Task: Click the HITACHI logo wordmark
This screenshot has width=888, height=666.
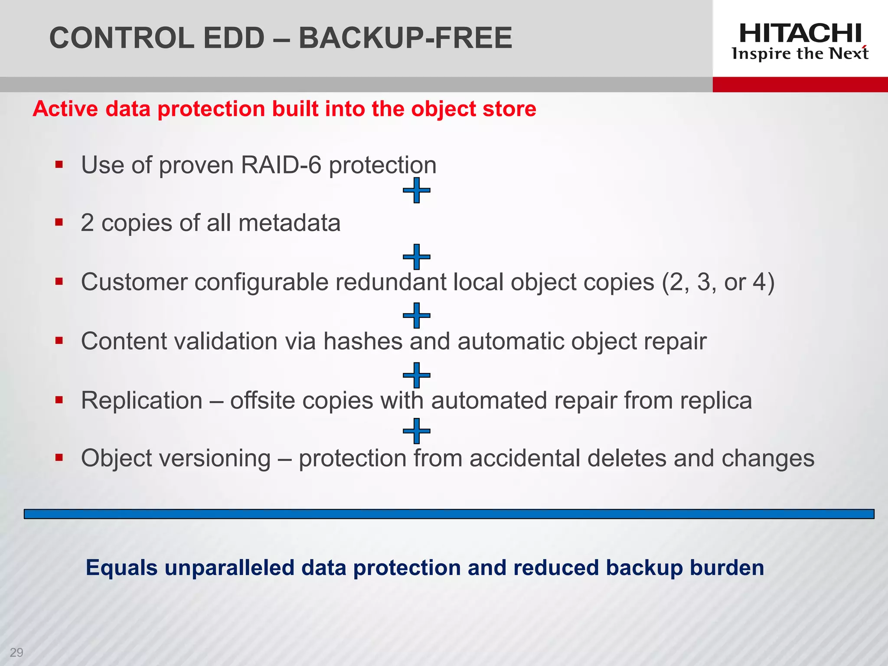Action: [x=800, y=33]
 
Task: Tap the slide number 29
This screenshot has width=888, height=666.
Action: [x=16, y=652]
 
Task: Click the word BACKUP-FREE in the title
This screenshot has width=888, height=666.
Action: [x=405, y=38]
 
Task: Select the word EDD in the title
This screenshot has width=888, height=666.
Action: [x=234, y=38]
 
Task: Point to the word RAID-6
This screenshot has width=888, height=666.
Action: [x=281, y=165]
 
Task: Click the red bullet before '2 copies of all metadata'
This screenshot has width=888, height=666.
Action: [x=59, y=223]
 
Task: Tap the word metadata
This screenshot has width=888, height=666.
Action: [x=289, y=223]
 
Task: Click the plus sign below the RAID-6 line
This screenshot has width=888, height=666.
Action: [x=416, y=190]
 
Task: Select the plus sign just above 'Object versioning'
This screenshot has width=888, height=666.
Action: [x=416, y=431]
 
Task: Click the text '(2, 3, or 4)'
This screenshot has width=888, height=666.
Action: [x=718, y=283]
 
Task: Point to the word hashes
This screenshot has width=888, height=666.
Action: [x=363, y=341]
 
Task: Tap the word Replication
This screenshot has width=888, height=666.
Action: [x=142, y=400]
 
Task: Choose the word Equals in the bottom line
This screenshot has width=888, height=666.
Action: [x=121, y=568]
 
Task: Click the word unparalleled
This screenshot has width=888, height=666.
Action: [x=229, y=568]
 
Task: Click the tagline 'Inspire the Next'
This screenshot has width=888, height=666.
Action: [x=800, y=54]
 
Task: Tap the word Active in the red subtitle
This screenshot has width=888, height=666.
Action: [x=65, y=109]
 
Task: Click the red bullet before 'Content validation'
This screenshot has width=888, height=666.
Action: [x=59, y=341]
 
